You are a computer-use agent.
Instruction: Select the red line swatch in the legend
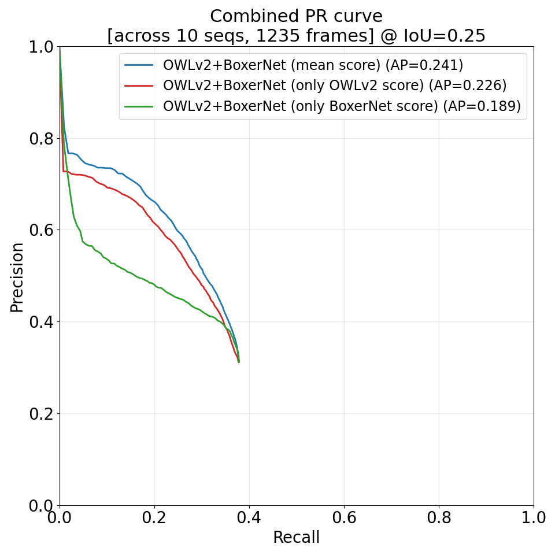click(x=139, y=86)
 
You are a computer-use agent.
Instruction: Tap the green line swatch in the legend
click(x=139, y=106)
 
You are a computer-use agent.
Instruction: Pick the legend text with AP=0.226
click(x=335, y=86)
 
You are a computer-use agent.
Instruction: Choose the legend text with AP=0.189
click(x=342, y=106)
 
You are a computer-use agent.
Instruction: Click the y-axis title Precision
click(x=18, y=277)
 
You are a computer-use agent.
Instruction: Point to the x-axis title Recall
click(x=296, y=538)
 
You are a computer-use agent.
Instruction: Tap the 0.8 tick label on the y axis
click(x=40, y=139)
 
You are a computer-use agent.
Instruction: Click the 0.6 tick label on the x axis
click(x=344, y=517)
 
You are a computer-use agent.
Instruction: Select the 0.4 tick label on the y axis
click(x=40, y=322)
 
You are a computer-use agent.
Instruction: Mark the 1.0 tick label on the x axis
click(x=533, y=517)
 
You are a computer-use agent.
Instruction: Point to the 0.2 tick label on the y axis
click(x=40, y=414)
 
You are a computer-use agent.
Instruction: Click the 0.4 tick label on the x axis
click(x=249, y=517)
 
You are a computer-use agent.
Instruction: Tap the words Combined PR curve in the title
click(x=296, y=16)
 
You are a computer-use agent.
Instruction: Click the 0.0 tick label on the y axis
click(x=40, y=505)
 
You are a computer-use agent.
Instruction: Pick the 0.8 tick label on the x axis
click(x=439, y=517)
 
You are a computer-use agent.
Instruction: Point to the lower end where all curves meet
click(x=239, y=361)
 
